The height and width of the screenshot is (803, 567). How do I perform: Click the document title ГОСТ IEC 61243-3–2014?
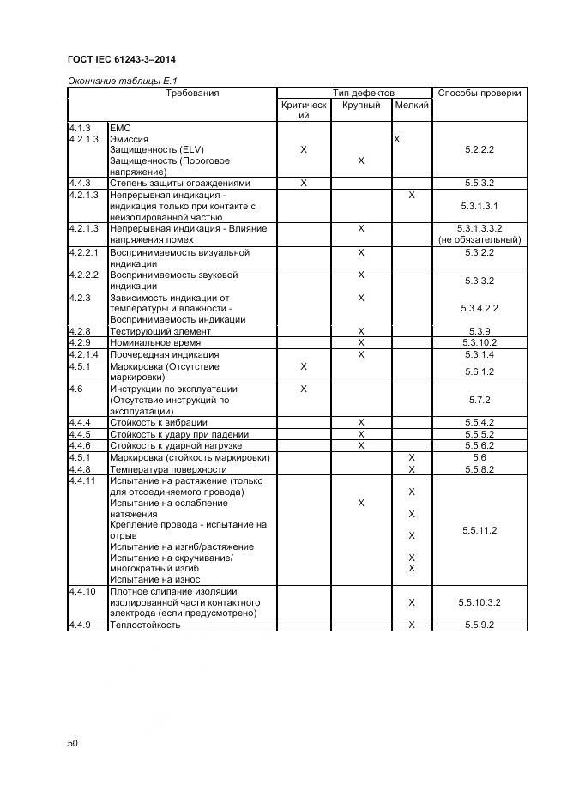click(x=127, y=59)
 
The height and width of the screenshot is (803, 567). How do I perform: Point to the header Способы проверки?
click(x=480, y=93)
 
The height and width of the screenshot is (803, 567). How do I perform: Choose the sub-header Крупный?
click(x=360, y=105)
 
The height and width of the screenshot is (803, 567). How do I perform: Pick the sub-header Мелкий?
click(x=412, y=105)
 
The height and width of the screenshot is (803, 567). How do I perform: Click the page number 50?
click(x=73, y=744)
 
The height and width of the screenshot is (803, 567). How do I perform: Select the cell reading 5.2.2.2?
click(x=480, y=149)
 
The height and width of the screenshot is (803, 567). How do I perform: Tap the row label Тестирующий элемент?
click(x=160, y=331)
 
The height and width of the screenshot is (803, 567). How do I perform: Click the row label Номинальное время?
click(x=154, y=342)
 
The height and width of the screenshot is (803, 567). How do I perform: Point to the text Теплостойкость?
click(x=145, y=625)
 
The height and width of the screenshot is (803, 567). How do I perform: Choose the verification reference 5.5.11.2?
click(x=480, y=531)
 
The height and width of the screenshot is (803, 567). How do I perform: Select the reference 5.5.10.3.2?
click(x=480, y=603)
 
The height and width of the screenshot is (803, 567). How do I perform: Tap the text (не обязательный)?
click(x=480, y=240)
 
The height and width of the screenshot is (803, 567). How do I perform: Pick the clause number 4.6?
click(x=75, y=389)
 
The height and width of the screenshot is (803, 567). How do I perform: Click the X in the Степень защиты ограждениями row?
click(x=304, y=183)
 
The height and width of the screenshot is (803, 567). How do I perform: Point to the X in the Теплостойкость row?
click(x=412, y=625)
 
